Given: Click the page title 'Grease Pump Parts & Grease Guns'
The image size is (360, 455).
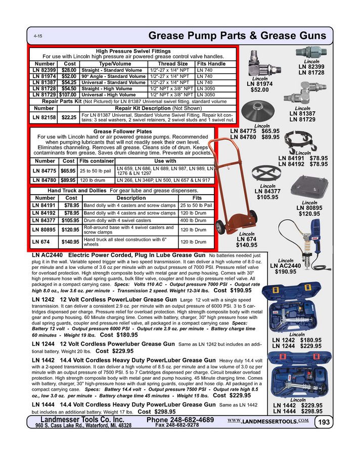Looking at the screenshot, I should click(238, 36).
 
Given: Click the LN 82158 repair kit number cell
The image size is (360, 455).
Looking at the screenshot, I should click(44, 117).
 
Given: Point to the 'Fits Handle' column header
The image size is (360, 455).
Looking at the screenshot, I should click(211, 64).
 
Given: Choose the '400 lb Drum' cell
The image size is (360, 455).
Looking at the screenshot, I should click(197, 220).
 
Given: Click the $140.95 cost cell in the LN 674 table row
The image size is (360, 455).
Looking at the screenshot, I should click(70, 242).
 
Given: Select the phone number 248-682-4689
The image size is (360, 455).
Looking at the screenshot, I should click(180, 420).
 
